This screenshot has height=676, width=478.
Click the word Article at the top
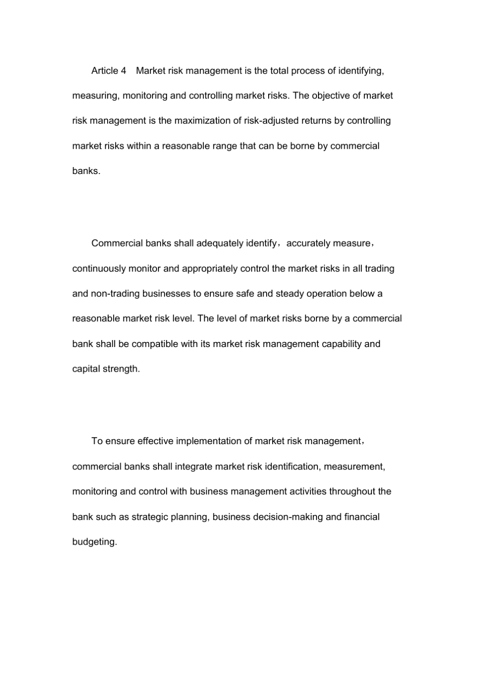(105, 70)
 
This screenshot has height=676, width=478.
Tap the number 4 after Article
(123, 70)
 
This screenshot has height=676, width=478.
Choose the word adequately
(219, 243)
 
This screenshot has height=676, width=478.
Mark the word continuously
(99, 269)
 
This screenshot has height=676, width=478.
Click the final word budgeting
(95, 542)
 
